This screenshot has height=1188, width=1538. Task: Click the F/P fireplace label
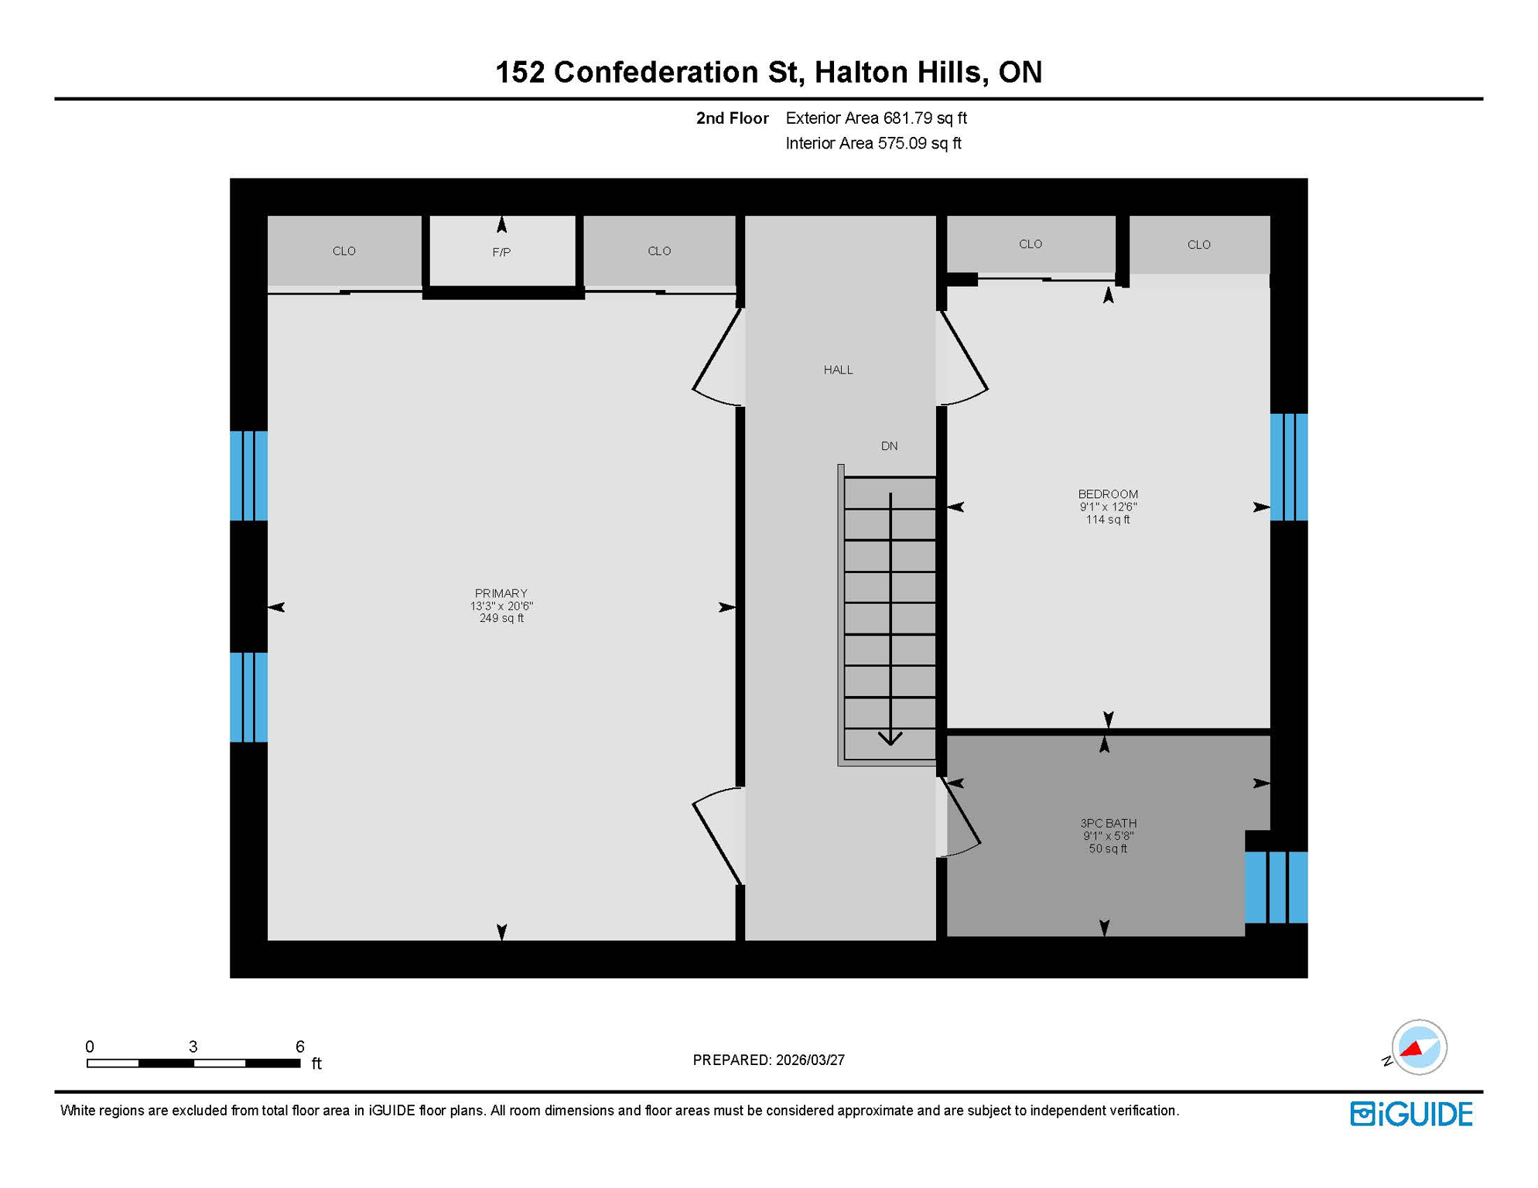pyautogui.click(x=501, y=252)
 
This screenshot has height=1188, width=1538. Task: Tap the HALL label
pyautogui.click(x=838, y=370)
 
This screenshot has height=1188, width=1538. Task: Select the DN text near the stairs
pyautogui.click(x=889, y=445)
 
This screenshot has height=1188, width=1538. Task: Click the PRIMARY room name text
pyautogui.click(x=501, y=593)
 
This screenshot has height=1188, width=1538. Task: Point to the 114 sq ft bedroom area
pyautogui.click(x=1107, y=520)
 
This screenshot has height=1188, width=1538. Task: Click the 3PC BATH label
pyautogui.click(x=1108, y=823)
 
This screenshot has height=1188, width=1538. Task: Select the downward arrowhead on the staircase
pyautogui.click(x=890, y=738)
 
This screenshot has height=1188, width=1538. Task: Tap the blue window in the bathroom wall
pyautogui.click(x=1276, y=887)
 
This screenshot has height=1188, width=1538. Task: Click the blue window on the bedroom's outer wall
pyautogui.click(x=1289, y=467)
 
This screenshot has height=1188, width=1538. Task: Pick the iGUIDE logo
pyautogui.click(x=1411, y=1114)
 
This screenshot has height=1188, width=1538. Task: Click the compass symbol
pyautogui.click(x=1418, y=1047)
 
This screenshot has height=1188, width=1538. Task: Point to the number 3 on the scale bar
pyautogui.click(x=193, y=1046)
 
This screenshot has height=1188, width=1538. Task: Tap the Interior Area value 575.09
pyautogui.click(x=902, y=143)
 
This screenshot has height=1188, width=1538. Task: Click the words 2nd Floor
pyautogui.click(x=732, y=118)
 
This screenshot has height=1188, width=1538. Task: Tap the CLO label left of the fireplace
pyautogui.click(x=343, y=251)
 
